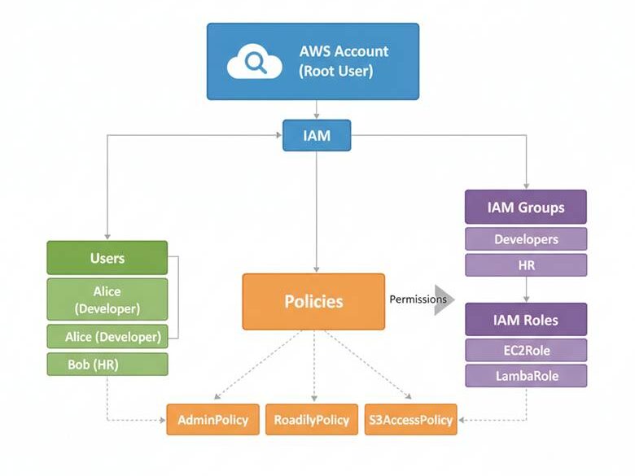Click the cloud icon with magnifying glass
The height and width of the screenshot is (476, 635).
tap(254, 61)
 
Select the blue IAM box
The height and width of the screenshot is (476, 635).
tap(317, 135)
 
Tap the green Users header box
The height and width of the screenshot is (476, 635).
tap(107, 258)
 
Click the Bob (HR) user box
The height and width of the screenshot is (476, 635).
tap(107, 364)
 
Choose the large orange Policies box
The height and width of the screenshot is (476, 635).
tap(313, 301)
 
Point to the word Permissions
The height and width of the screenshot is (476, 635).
tap(418, 299)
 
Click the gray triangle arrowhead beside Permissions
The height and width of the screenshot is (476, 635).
tap(444, 299)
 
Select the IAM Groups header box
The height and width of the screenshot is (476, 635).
tap(525, 207)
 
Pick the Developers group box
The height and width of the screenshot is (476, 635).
tap(525, 239)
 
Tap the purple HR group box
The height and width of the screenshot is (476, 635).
tap(525, 265)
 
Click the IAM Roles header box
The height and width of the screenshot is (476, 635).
tap(525, 319)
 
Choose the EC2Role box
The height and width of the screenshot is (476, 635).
tap(525, 350)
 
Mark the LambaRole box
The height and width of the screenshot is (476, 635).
tap(525, 376)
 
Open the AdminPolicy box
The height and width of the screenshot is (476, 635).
tap(213, 420)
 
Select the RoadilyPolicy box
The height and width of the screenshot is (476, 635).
tap(311, 420)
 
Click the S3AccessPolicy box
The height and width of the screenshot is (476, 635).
tap(410, 420)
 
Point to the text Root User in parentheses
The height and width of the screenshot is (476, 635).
tap(335, 71)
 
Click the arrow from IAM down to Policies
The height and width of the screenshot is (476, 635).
tap(317, 212)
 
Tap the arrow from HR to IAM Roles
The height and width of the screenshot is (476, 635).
tap(525, 290)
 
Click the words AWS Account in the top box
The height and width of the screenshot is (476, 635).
tap(344, 51)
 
